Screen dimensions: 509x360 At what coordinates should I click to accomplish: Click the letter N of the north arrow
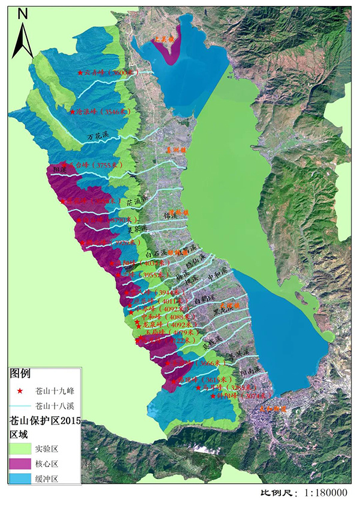(x=22, y=13)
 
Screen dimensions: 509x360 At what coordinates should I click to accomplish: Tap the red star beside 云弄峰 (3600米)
(x=80, y=72)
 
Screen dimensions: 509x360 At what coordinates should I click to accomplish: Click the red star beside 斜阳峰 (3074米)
(x=213, y=396)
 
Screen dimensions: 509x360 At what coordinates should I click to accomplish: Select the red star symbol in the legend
(x=20, y=391)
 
